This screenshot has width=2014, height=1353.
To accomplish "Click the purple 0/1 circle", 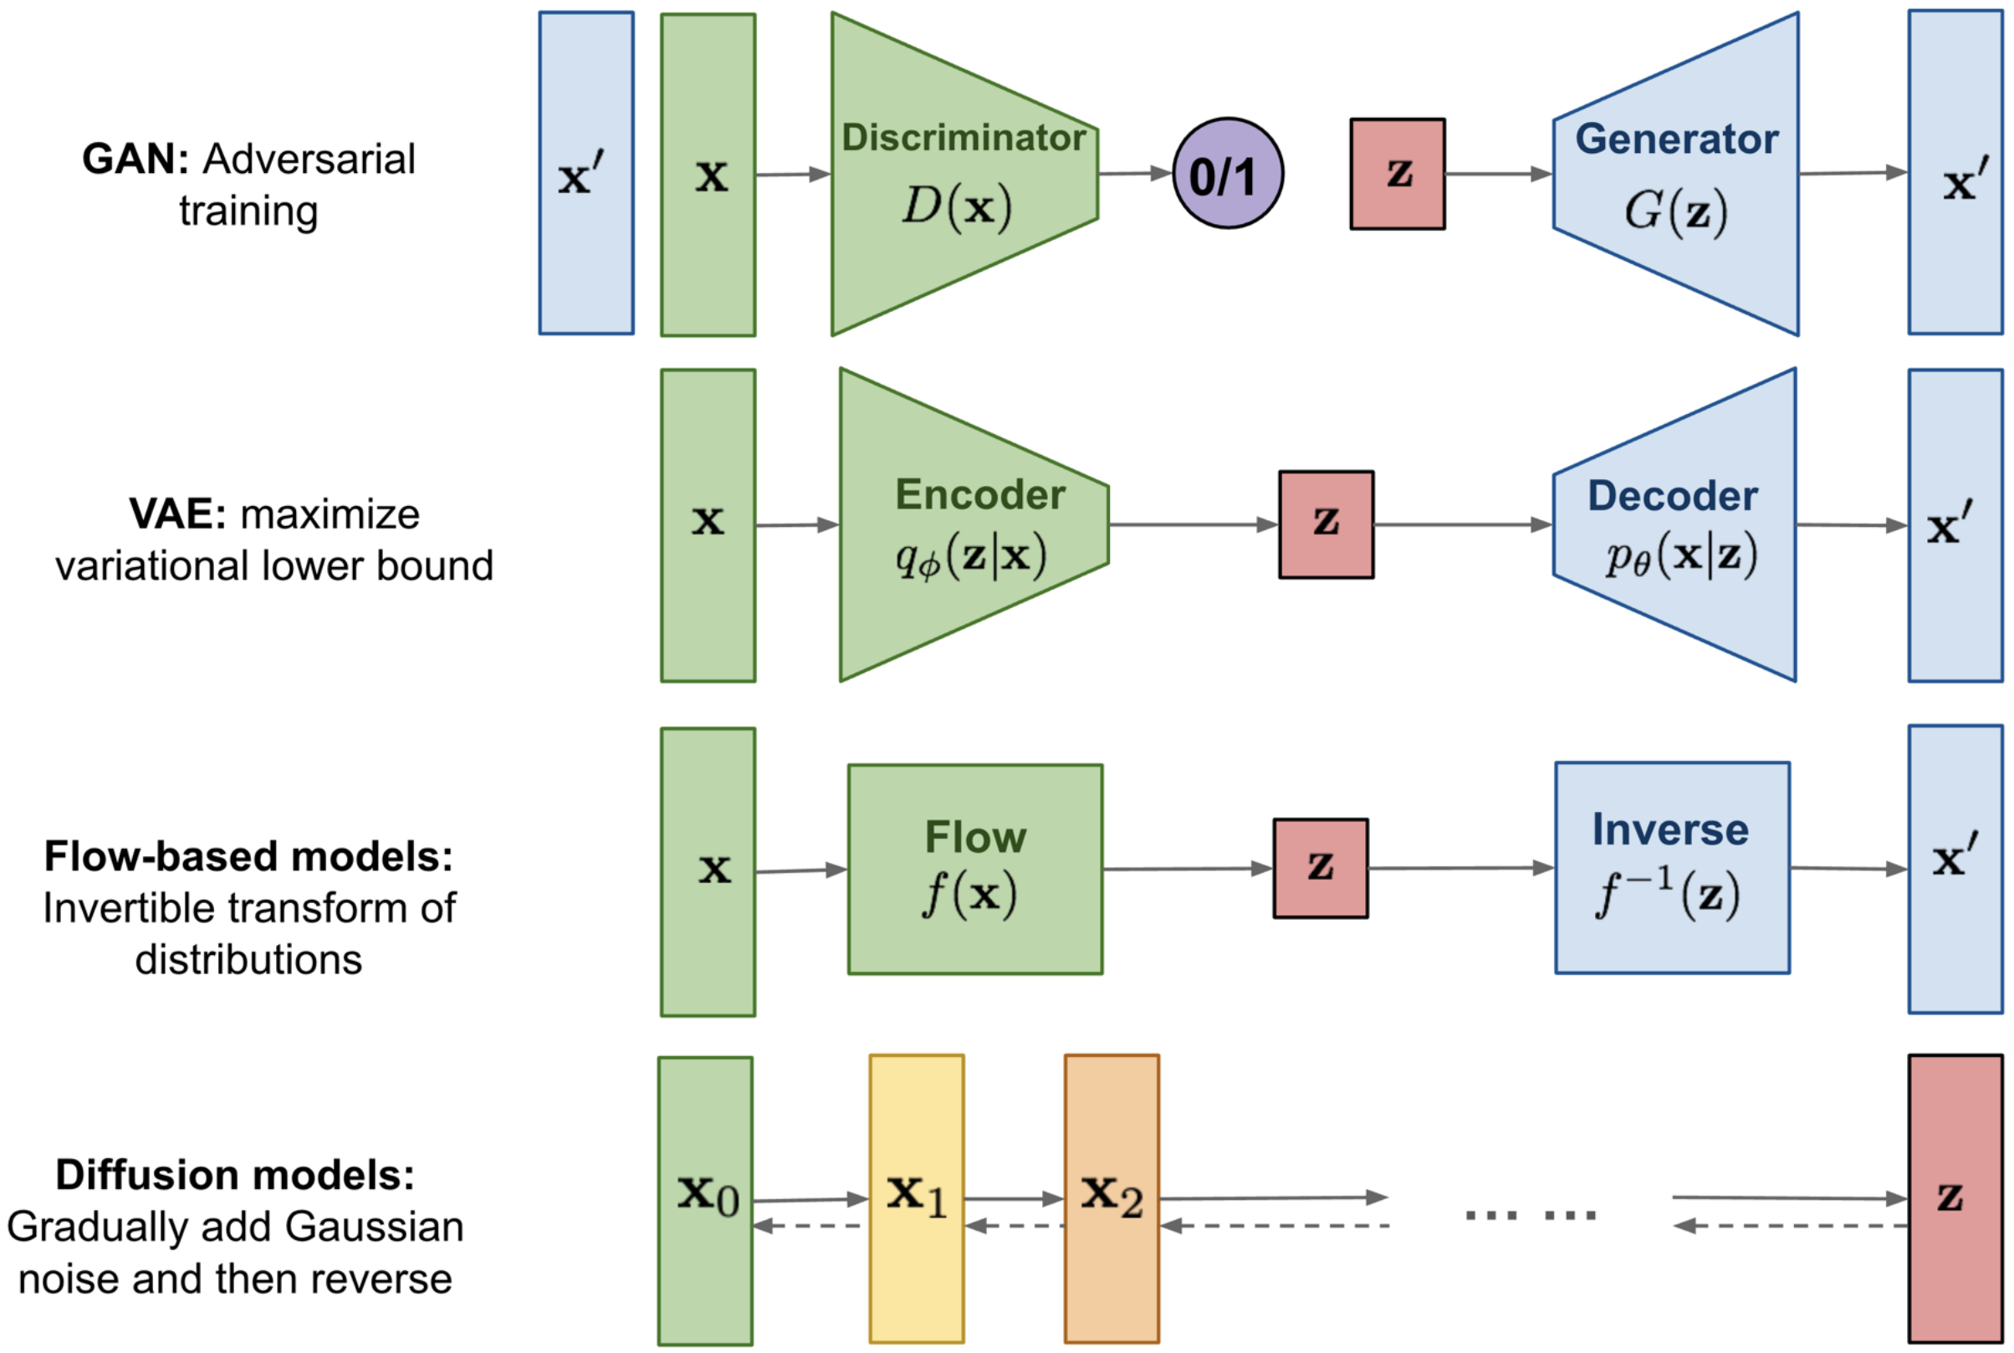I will (x=1227, y=173).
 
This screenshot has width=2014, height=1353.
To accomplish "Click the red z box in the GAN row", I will (x=1397, y=173).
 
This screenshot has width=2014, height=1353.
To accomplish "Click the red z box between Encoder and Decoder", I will (x=1326, y=524).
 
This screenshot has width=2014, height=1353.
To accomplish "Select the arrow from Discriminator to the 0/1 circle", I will (x=1135, y=173).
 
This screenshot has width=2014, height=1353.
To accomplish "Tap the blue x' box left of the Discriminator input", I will (x=586, y=173).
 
